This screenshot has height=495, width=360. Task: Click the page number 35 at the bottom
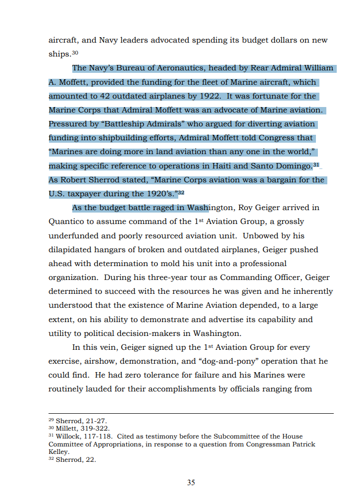(x=191, y=482)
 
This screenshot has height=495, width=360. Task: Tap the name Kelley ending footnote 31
(x=58, y=452)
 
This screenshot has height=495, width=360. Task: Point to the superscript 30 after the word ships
(x=75, y=53)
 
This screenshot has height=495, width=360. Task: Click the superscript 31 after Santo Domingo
(x=316, y=164)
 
